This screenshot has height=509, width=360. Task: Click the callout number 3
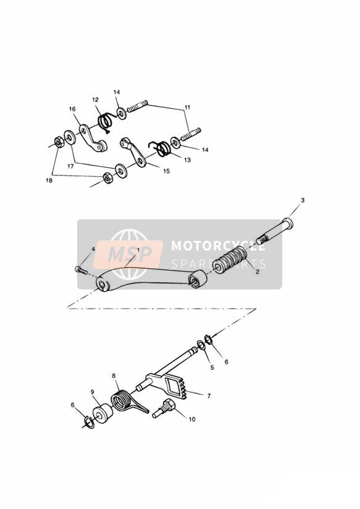pyautogui.click(x=303, y=200)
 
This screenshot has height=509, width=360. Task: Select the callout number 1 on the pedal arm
pyautogui.click(x=138, y=250)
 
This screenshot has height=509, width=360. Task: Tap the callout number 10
pyautogui.click(x=192, y=419)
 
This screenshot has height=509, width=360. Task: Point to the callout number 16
pyautogui.click(x=72, y=109)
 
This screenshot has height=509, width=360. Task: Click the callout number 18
pyautogui.click(x=49, y=180)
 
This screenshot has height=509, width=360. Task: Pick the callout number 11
pyautogui.click(x=187, y=107)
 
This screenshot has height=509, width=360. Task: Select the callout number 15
pyautogui.click(x=167, y=170)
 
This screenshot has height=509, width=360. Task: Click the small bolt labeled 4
pyautogui.click(x=81, y=270)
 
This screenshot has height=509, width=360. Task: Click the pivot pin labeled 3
pyautogui.click(x=275, y=231)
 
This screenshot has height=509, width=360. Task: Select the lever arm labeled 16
pyautogui.click(x=93, y=138)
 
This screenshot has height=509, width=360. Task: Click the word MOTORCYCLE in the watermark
pyautogui.click(x=218, y=245)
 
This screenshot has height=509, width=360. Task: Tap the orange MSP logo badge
pyautogui.click(x=128, y=254)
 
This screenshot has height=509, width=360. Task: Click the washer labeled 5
pyautogui.click(x=201, y=345)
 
